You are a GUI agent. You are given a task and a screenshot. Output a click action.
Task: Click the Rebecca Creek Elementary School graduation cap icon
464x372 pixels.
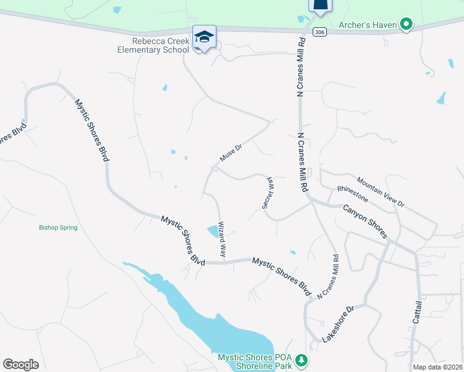(x=204, y=37)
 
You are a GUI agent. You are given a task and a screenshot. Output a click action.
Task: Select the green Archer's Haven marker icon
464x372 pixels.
(x=406, y=25)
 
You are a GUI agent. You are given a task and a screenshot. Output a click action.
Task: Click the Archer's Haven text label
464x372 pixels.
(x=368, y=25)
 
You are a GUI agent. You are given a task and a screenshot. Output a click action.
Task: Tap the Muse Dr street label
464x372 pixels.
(x=229, y=153)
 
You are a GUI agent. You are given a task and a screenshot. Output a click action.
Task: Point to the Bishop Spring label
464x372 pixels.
(x=58, y=228)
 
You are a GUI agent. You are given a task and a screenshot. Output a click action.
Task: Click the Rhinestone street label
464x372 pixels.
(x=352, y=193)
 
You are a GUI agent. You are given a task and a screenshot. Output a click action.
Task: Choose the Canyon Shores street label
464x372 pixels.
(x=365, y=221)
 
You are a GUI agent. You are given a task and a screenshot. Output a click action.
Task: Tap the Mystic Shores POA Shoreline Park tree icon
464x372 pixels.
(x=301, y=360)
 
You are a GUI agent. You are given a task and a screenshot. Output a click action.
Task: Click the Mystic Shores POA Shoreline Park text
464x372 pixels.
(x=254, y=361)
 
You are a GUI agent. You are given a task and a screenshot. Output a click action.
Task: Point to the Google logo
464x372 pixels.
(x=20, y=365)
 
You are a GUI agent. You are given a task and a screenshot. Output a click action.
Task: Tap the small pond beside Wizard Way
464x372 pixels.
(x=214, y=232)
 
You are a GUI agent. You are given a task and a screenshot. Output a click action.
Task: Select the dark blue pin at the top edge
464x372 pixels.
(x=320, y=6)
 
